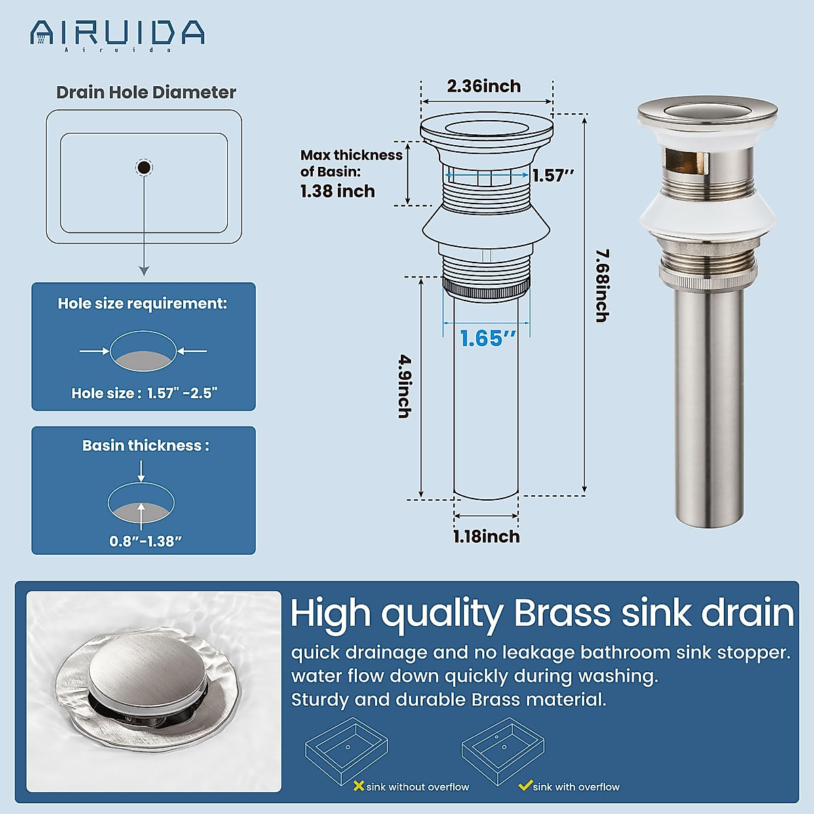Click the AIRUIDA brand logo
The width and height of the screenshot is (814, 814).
pyautogui.click(x=117, y=33)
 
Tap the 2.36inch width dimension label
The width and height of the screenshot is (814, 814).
pyautogui.click(x=484, y=86)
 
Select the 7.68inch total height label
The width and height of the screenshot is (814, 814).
pyautogui.click(x=602, y=285)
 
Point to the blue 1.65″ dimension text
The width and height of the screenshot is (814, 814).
pyautogui.click(x=488, y=338)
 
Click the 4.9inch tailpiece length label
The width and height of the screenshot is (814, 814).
pyautogui.click(x=404, y=386)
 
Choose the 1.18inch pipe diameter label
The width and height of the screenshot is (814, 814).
pyautogui.click(x=486, y=537)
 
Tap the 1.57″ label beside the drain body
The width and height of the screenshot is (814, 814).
pyautogui.click(x=553, y=176)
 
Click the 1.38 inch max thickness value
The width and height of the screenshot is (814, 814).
pyautogui.click(x=337, y=191)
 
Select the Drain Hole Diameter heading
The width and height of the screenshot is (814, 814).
pyautogui.click(x=146, y=92)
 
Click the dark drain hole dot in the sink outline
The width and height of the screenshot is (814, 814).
pyautogui.click(x=144, y=167)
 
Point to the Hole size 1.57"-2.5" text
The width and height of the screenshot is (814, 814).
pyautogui.click(x=144, y=393)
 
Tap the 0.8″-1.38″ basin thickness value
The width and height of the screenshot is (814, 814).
pyautogui.click(x=145, y=541)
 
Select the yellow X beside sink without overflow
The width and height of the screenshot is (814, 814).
pyautogui.click(x=359, y=786)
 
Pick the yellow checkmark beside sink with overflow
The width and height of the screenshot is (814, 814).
pyautogui.click(x=524, y=786)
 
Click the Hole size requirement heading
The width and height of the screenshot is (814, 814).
pyautogui.click(x=142, y=304)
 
